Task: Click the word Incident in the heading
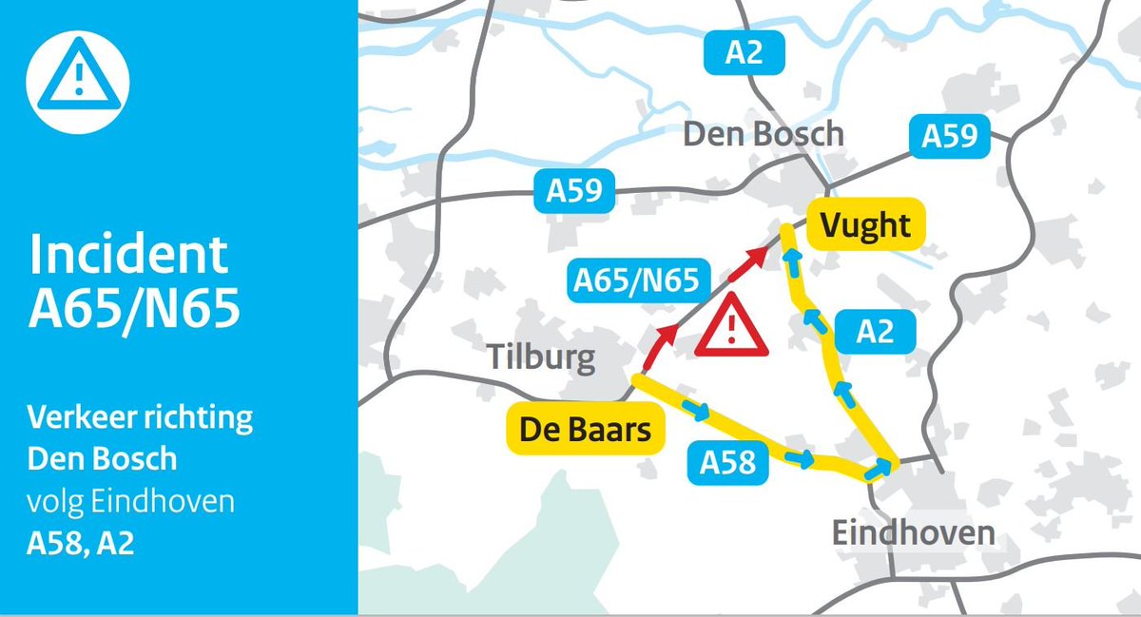coord(128,255)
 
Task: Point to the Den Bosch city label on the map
coord(764,134)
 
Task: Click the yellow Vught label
coord(865,225)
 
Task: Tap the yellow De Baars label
coord(585,430)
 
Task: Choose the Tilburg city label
coord(542,358)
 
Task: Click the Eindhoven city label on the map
coord(913,532)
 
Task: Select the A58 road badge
coord(728,463)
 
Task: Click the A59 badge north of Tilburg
coord(574,191)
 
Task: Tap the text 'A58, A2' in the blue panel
coord(81,546)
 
